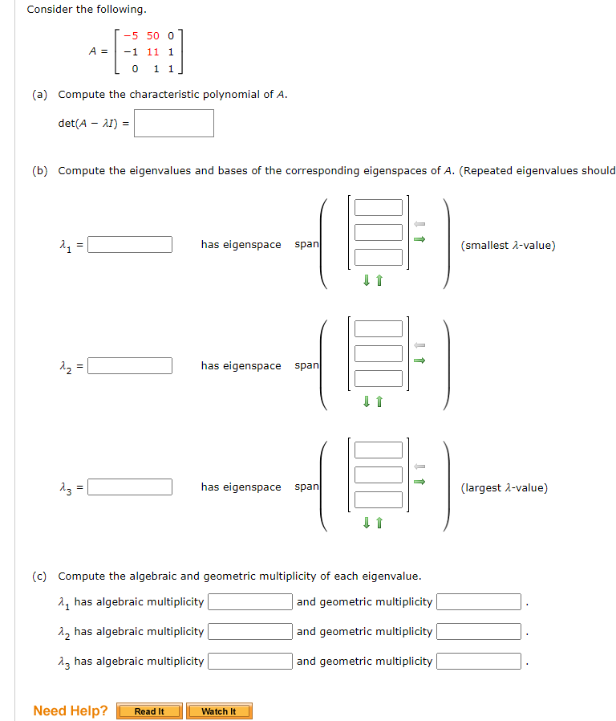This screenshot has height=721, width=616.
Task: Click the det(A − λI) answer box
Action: point(173,123)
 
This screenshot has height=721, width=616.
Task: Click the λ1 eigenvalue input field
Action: point(130,244)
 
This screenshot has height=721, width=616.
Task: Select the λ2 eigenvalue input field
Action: point(130,365)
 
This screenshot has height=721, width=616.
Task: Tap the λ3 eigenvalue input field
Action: point(130,487)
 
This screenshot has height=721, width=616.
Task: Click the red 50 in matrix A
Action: point(152,35)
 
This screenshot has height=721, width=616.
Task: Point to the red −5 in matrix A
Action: point(131,35)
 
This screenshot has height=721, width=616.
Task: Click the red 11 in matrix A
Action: point(152,51)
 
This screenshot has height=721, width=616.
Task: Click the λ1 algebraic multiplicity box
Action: point(250,601)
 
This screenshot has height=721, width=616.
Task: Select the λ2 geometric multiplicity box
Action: point(479,631)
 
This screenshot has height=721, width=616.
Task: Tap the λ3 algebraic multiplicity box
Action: point(250,661)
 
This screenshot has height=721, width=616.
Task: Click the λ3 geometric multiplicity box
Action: point(479,661)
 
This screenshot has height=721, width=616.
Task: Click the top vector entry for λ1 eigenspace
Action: point(379,207)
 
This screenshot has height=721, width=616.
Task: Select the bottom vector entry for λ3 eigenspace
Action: point(379,499)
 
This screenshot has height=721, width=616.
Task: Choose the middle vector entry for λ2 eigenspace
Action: point(379,353)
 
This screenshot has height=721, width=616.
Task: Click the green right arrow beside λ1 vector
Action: point(419,239)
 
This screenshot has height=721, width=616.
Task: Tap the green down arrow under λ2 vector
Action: point(367,401)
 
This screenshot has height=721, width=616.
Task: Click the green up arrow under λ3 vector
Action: point(379,523)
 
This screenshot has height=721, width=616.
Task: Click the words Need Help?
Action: point(71,711)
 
